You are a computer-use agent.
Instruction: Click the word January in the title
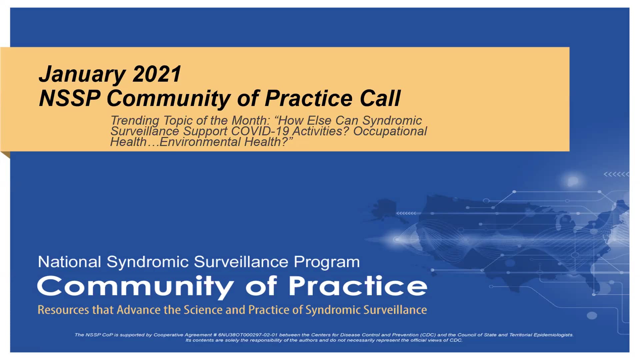82,74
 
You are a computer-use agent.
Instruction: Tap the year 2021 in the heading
157,74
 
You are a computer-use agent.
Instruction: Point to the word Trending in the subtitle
135,121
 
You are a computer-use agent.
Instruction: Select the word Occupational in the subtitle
390,131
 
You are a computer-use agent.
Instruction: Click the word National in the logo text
69,262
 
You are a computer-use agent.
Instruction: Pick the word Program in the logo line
327,262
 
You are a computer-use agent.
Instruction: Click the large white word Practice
358,286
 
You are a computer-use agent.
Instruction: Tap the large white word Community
135,287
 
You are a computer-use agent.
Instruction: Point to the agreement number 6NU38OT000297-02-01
248,335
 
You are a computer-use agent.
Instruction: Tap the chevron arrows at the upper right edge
616,174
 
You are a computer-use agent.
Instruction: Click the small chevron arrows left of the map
406,213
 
